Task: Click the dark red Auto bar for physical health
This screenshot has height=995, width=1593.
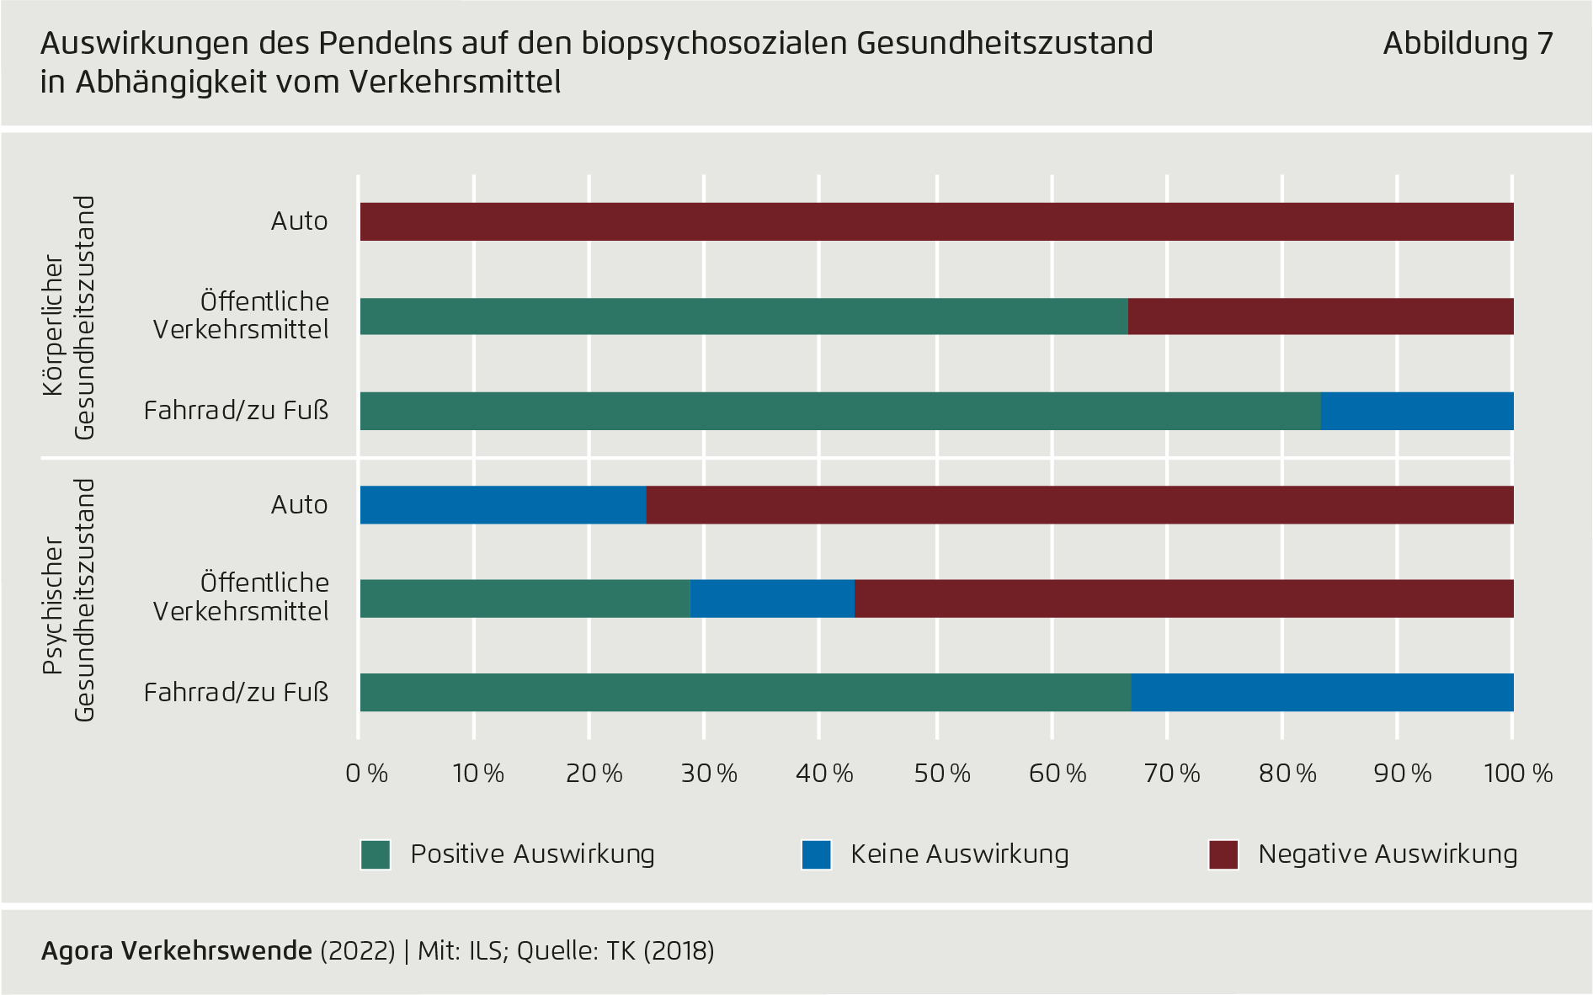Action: [x=936, y=222]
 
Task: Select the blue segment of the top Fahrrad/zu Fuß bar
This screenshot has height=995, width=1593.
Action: [x=1417, y=412]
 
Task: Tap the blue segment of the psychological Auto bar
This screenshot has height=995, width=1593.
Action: [x=503, y=505]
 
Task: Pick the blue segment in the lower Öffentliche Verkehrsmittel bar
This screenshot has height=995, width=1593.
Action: [x=772, y=599]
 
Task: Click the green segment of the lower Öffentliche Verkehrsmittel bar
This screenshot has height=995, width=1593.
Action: [x=525, y=599]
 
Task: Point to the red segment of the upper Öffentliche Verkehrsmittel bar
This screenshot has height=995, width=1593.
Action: [x=1320, y=317]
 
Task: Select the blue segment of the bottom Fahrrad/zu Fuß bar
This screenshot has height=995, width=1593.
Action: [x=1322, y=693]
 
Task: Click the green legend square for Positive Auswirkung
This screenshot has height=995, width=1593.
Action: [x=376, y=854]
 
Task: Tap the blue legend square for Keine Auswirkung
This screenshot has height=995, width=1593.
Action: [x=816, y=854]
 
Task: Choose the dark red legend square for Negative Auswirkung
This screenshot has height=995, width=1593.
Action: [x=1223, y=854]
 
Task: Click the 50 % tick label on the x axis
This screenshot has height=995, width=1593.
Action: [x=941, y=774]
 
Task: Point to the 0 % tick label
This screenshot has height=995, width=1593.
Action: [x=366, y=774]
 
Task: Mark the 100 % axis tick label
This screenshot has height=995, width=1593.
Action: [x=1518, y=774]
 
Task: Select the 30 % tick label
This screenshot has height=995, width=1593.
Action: [x=709, y=774]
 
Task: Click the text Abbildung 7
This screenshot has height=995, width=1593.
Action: [x=1468, y=44]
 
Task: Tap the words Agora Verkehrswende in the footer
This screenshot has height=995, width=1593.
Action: [x=177, y=951]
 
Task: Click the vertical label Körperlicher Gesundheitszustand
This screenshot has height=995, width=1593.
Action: [x=69, y=318]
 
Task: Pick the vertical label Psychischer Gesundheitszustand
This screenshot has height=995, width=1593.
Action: [x=69, y=600]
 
